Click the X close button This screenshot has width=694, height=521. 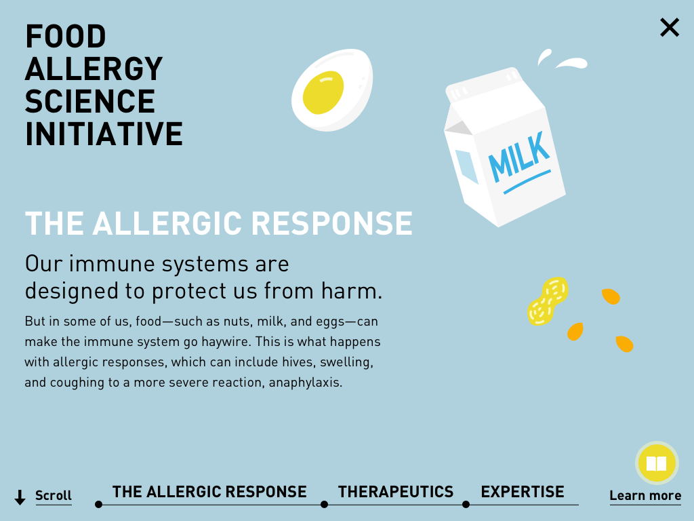[x=669, y=27]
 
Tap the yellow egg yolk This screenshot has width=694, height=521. [x=323, y=92]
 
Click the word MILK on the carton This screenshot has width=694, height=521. [x=518, y=157]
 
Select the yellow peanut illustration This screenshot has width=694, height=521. [x=548, y=301]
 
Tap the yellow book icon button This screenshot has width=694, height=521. [x=657, y=463]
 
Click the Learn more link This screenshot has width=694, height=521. [x=645, y=496]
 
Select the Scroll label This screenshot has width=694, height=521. [x=54, y=495]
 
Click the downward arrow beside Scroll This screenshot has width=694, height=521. [x=20, y=497]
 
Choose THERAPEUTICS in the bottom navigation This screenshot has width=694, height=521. [x=396, y=492]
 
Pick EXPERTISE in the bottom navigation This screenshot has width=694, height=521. [x=523, y=492]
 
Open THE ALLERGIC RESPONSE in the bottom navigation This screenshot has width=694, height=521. [x=209, y=492]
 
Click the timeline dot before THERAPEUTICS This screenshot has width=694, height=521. [x=325, y=505]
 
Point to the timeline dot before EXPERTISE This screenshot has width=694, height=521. [x=466, y=505]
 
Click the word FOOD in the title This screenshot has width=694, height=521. [x=66, y=37]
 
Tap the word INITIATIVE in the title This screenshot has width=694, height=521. [x=104, y=134]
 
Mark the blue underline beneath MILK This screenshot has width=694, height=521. [x=527, y=182]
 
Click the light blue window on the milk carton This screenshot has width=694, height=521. [x=467, y=167]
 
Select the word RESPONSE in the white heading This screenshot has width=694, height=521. [x=332, y=223]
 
